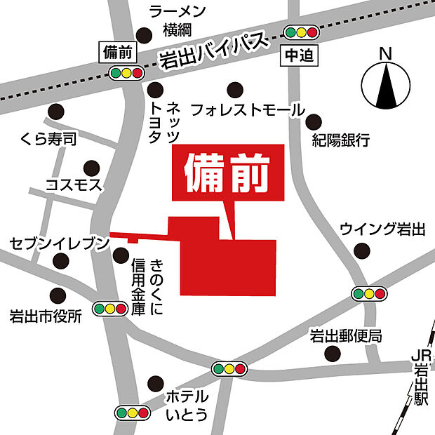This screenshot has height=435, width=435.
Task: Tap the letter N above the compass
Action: [384, 53]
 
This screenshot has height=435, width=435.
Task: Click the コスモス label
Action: [74, 185]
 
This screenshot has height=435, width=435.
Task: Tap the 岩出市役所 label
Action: [46, 315]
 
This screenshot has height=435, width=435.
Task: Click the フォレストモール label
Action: [248, 110]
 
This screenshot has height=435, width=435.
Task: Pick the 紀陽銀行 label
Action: [340, 140]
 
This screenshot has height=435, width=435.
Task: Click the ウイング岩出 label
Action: [382, 229]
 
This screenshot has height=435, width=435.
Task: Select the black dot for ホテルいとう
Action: [154, 383]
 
